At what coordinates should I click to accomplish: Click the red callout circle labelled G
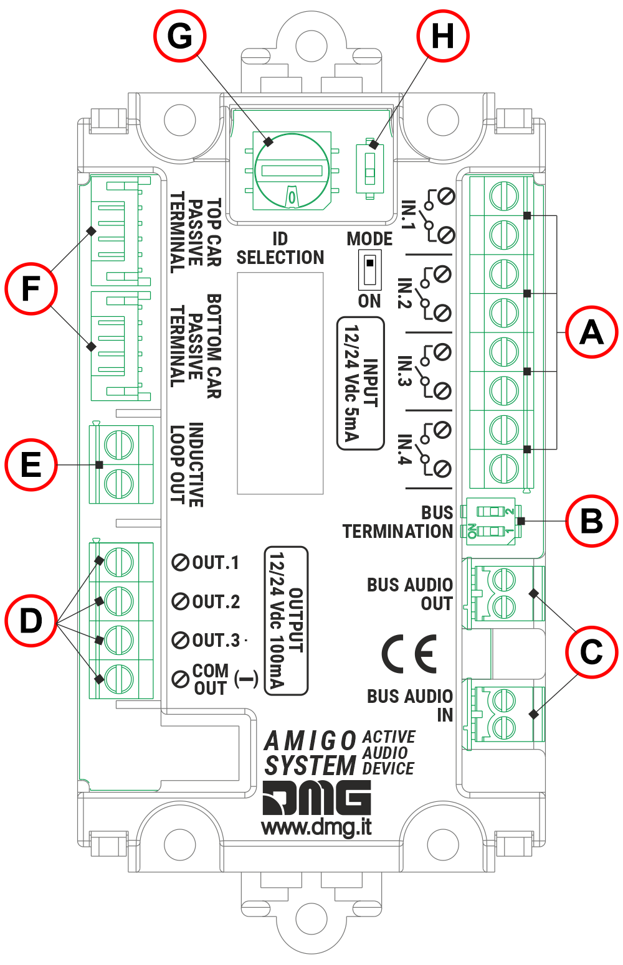tap(180, 35)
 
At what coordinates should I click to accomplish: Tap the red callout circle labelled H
tap(442, 35)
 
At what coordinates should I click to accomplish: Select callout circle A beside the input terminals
tap(592, 332)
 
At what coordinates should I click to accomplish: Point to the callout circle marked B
tap(592, 521)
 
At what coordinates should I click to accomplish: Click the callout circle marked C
tap(592, 652)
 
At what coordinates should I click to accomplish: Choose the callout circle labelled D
tap(31, 621)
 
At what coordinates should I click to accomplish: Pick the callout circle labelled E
tap(31, 465)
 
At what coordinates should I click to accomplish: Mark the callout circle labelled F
tap(31, 289)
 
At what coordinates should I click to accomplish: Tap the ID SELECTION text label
tap(280, 248)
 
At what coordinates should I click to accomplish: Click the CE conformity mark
tap(409, 654)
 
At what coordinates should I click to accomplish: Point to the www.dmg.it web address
tap(316, 827)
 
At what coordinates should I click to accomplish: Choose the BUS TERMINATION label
tap(397, 522)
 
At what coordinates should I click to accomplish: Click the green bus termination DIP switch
tap(490, 521)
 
